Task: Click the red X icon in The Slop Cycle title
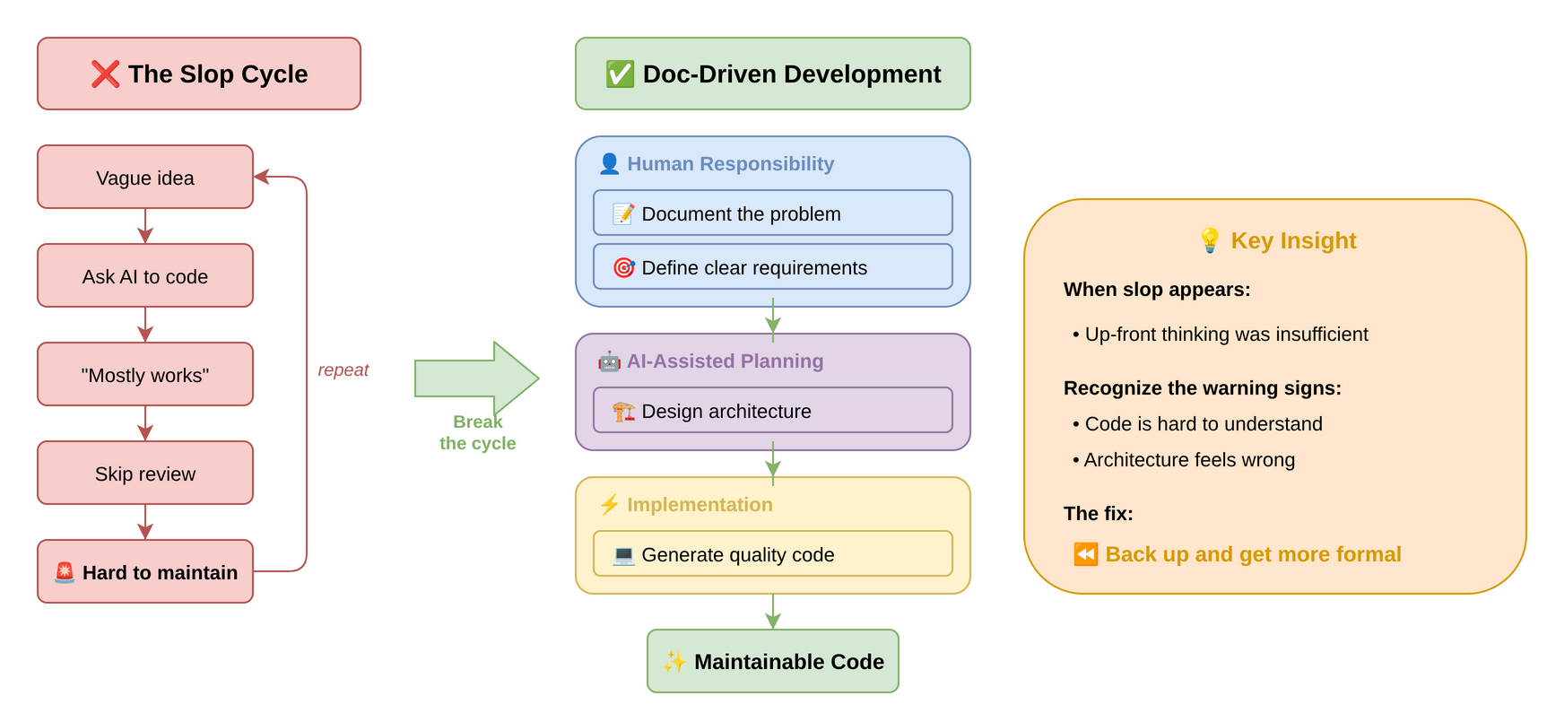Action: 105,74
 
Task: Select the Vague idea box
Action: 145,178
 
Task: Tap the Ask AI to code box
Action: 145,276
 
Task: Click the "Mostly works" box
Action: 145,375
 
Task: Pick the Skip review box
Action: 145,474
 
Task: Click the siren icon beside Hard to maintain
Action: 65,572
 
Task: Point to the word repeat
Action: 343,370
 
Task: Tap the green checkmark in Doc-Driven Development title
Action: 620,74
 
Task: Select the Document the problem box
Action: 772,213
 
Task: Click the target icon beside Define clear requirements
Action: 623,267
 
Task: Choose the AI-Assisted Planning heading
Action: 725,361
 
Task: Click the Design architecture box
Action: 772,411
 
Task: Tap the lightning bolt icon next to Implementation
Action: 609,504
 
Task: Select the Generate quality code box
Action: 772,554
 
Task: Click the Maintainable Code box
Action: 772,661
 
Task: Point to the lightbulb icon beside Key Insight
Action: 1209,239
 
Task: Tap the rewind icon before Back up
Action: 1085,553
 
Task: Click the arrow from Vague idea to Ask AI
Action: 145,226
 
